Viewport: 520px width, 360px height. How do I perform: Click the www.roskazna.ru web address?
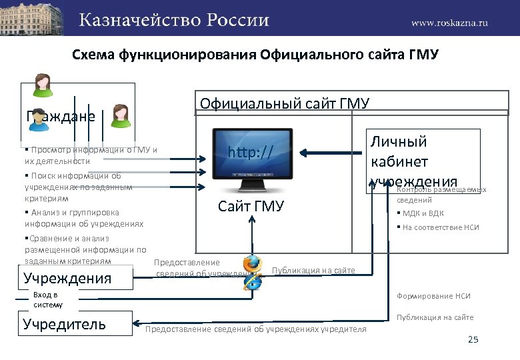[x=449, y=22]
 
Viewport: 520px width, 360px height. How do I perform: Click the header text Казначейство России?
[x=175, y=19]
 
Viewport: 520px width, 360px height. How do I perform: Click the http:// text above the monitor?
[x=250, y=153]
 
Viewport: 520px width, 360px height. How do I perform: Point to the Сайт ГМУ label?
[x=251, y=206]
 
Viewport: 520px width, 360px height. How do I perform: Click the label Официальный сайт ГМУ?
[x=285, y=103]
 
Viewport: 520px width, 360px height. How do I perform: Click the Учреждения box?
[x=67, y=278]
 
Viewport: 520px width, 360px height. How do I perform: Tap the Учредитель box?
[x=64, y=325]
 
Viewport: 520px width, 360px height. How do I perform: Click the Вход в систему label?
[x=46, y=300]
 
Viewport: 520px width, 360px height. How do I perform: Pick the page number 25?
[x=473, y=341]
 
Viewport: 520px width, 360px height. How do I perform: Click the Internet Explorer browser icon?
[x=252, y=282]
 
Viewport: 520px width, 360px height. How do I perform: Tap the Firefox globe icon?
[x=253, y=263]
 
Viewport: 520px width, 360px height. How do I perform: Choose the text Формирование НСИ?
[x=433, y=296]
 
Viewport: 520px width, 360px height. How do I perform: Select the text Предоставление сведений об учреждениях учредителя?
[x=256, y=329]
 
